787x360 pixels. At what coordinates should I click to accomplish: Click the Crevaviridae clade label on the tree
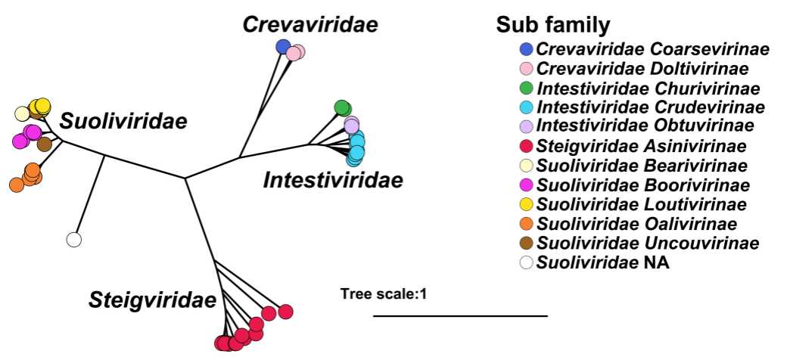(310, 24)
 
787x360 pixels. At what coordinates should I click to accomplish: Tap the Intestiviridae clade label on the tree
(333, 180)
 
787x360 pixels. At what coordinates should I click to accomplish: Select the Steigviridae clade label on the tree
(152, 300)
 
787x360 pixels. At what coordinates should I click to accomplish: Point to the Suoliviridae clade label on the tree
(123, 120)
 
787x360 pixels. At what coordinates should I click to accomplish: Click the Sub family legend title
(553, 25)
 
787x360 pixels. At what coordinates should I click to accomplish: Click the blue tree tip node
(283, 47)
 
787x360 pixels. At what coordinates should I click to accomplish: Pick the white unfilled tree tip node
(73, 240)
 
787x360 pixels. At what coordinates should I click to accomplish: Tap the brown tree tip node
(45, 144)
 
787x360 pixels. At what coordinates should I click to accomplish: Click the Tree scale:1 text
(384, 293)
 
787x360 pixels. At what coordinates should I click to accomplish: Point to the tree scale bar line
(460, 315)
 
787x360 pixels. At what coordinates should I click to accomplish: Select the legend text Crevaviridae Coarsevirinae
(653, 50)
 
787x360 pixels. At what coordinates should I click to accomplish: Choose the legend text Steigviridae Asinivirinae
(642, 146)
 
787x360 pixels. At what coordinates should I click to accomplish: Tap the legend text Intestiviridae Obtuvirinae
(645, 126)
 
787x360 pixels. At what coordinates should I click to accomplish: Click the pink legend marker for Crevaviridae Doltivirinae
(527, 69)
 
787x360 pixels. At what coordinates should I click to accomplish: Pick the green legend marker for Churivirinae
(527, 88)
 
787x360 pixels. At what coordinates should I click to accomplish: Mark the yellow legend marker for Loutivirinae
(527, 204)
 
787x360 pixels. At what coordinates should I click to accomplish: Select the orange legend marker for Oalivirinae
(527, 224)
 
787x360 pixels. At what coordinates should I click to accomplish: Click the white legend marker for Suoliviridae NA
(527, 262)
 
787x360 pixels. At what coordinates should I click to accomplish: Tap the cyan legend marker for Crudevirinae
(527, 107)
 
